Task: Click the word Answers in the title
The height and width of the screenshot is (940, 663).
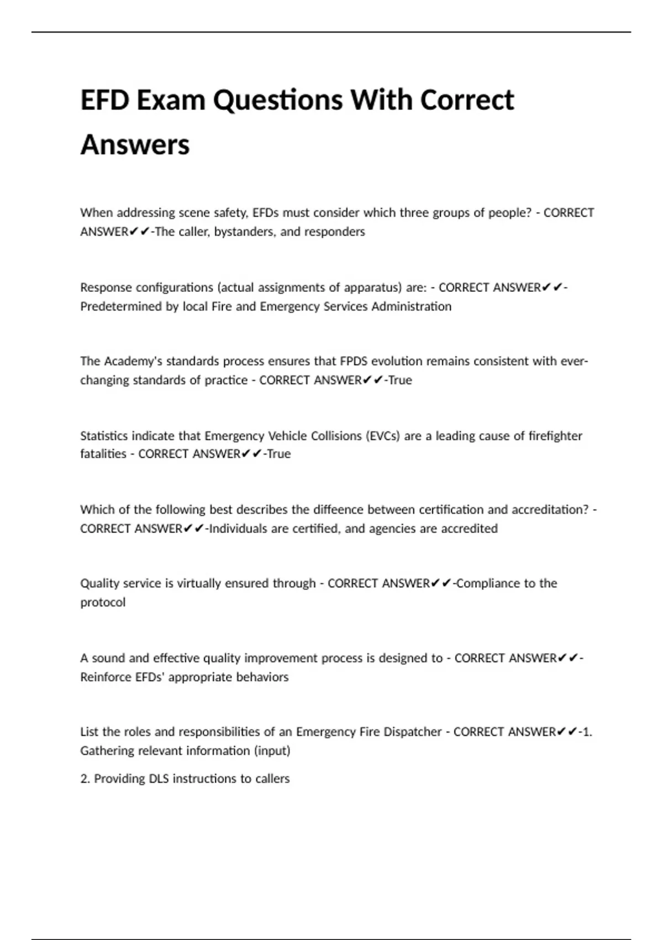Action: (135, 145)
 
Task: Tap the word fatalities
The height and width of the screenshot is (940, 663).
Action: (103, 454)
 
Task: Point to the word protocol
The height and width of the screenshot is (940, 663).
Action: (103, 602)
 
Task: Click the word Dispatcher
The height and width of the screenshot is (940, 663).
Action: (412, 732)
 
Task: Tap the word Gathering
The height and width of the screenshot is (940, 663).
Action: (107, 751)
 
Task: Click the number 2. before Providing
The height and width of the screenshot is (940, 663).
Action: (85, 779)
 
